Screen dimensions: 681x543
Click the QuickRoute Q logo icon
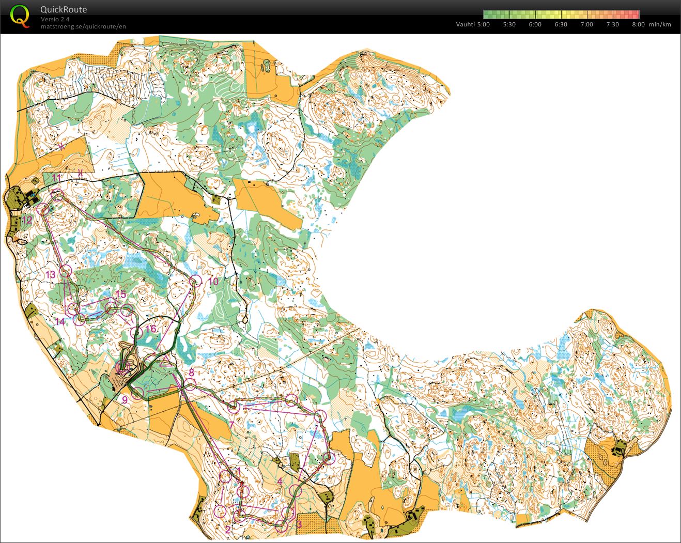20,15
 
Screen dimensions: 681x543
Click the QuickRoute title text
64,9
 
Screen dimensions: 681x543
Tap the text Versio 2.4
55,19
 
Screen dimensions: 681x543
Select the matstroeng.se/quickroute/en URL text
83,26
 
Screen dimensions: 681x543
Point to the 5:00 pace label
483,24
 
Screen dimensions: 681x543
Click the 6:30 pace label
561,24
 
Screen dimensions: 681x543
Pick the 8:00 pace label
638,24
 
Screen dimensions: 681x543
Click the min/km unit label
660,24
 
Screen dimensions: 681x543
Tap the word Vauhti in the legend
465,24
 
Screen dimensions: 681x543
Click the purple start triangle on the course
166,361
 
